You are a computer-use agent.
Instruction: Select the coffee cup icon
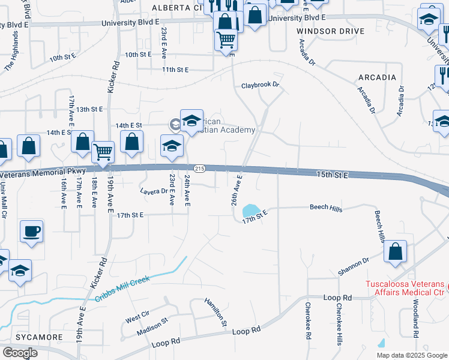point(31,232)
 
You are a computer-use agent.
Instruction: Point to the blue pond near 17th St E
point(249,211)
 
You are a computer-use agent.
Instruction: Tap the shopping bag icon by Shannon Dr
point(396,253)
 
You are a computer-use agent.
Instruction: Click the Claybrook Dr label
point(261,85)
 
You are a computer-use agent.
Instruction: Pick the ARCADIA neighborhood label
point(377,77)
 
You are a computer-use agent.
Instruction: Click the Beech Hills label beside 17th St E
point(326,207)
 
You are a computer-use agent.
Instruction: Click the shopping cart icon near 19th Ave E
point(103,153)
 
